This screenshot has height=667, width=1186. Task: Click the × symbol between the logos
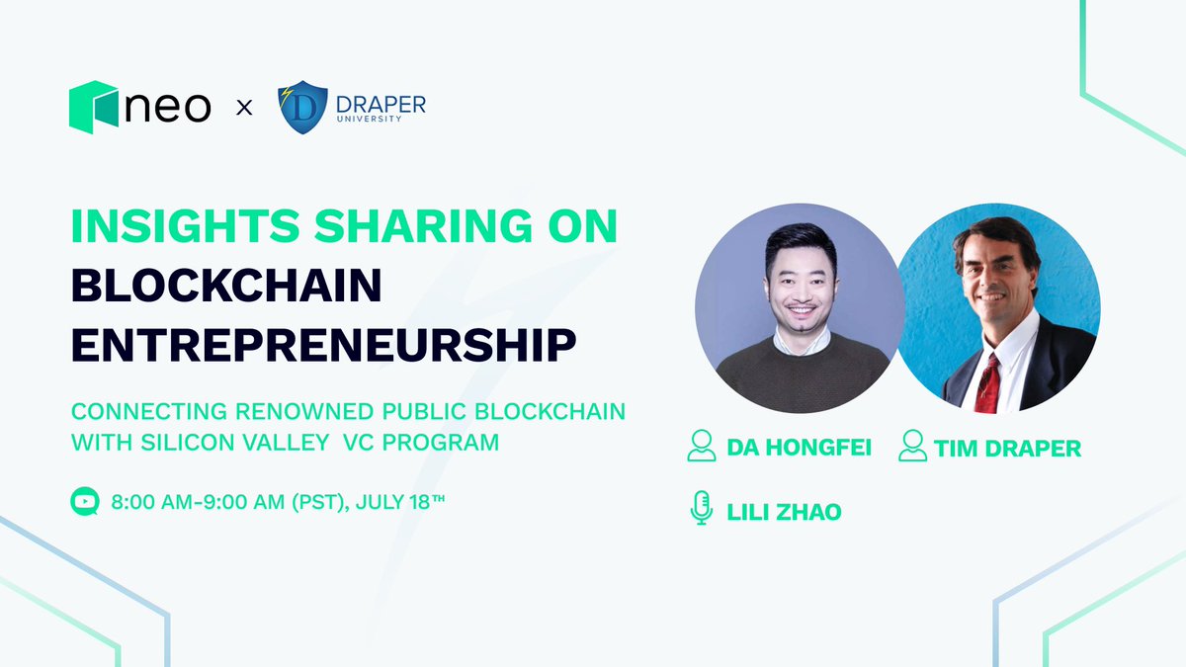coord(244,107)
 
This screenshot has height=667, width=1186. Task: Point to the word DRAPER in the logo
coord(380,103)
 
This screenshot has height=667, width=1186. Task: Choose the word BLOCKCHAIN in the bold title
coord(226,286)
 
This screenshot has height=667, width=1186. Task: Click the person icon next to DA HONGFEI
coord(702,447)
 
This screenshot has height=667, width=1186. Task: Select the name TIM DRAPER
coord(1007,449)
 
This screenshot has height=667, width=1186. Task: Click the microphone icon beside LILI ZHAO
coord(701,509)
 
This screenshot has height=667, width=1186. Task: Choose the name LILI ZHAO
coord(784,512)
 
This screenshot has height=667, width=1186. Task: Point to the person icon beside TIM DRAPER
coord(912,447)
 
